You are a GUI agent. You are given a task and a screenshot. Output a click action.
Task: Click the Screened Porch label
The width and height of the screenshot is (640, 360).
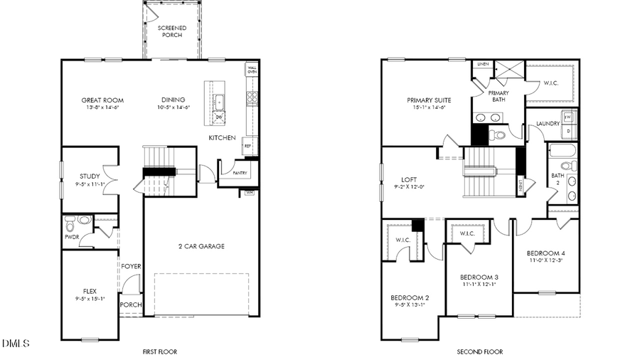coord(172,31)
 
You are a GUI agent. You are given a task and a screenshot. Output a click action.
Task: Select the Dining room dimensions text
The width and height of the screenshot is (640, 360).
coord(174,108)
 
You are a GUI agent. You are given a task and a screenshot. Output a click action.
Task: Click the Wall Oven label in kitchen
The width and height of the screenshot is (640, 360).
coord(252,69)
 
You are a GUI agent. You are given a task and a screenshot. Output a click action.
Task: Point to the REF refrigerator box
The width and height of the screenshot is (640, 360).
coord(248,145)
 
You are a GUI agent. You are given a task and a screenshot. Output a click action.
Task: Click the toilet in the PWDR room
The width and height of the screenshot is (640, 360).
coord(84,221)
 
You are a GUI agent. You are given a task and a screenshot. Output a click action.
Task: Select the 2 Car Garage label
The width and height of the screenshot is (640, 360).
coord(201,246)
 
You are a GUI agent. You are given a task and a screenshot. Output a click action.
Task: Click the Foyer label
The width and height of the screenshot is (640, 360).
coord(131,267)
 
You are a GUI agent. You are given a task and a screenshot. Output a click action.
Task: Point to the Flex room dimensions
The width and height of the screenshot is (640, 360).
coord(90,299)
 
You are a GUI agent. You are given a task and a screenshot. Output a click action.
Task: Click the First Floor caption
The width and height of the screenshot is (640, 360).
coord(159,351)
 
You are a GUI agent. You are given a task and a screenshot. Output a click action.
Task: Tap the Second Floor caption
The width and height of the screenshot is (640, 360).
coord(479,351)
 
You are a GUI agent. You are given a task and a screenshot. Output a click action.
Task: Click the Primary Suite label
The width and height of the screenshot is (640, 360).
coord(429,100)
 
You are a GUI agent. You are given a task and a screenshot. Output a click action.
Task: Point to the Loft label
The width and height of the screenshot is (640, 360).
coord(408,179)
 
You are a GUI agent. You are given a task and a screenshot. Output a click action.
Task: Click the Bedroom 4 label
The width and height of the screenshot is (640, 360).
coord(545,253)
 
